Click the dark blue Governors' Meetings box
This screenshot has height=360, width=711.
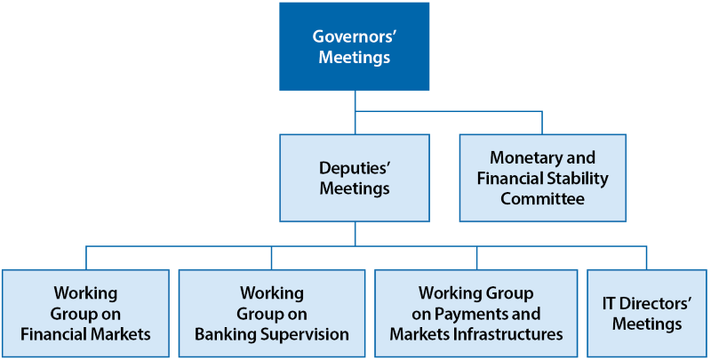[355, 47]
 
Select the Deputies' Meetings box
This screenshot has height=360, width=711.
[355, 178]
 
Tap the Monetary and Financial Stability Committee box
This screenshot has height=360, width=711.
[542, 178]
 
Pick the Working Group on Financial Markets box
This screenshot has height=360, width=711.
[85, 314]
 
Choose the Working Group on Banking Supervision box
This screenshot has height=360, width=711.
[271, 314]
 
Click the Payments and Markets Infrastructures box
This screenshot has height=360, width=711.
[476, 314]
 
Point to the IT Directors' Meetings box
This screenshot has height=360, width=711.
[646, 314]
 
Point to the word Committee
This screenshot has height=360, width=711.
[542, 198]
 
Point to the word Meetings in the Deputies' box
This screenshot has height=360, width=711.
[354, 188]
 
